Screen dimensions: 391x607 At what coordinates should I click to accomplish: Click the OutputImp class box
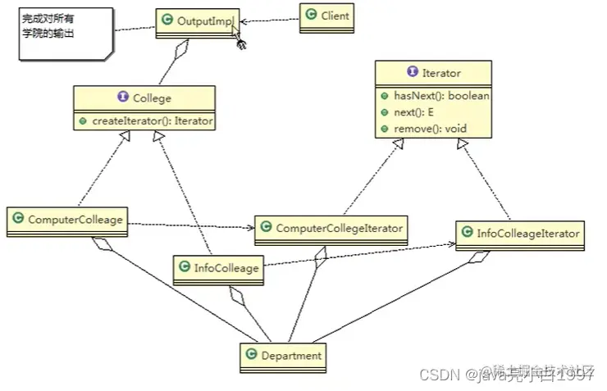(198, 22)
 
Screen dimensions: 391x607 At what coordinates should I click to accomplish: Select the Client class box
(326, 16)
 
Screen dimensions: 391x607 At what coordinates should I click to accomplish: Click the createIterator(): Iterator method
(145, 120)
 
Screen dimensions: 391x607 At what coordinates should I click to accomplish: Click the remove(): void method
(423, 128)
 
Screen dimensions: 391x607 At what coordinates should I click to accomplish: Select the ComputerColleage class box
(69, 221)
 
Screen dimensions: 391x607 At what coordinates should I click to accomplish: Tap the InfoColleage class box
(219, 269)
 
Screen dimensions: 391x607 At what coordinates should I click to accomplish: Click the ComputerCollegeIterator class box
(331, 228)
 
